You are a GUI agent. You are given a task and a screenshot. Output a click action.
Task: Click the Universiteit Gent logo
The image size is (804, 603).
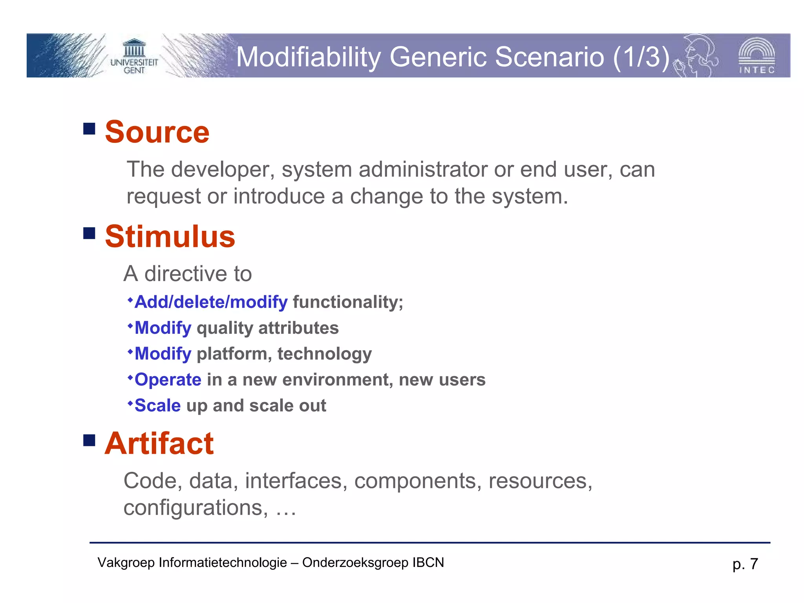coord(134,56)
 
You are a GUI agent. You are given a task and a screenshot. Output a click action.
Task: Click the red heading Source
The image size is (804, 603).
coord(157,132)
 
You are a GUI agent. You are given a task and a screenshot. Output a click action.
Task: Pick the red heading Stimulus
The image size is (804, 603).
coord(170,237)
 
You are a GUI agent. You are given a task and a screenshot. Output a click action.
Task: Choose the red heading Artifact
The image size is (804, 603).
coord(159,444)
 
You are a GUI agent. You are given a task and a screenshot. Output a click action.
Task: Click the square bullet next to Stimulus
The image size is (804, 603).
coord(90,233)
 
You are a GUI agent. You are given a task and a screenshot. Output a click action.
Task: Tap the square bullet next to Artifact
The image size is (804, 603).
coord(90,440)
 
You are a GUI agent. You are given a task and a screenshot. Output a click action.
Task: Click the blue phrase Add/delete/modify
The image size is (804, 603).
coord(211,302)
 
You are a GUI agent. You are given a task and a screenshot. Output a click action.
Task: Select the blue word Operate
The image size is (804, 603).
coord(168,380)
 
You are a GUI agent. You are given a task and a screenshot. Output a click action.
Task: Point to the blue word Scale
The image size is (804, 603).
coord(158,406)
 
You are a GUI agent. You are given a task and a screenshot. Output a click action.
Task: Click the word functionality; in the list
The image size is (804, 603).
coord(348,302)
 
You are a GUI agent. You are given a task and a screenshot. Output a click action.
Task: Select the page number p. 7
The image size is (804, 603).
coord(745,564)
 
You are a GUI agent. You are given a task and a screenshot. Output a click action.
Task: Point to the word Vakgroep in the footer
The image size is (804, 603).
coord(126,563)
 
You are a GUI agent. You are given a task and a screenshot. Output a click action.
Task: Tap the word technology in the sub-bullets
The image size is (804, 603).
coord(324,354)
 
